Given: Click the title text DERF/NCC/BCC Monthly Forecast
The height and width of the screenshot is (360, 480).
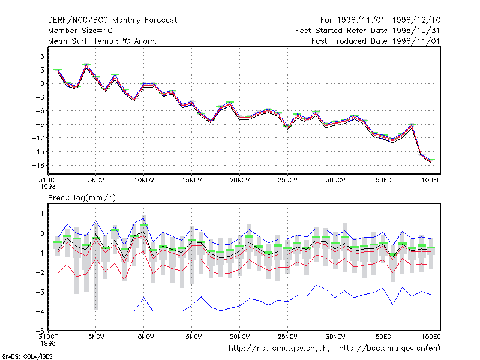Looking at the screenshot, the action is click(112, 20).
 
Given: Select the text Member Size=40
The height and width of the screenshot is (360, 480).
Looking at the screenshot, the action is click(80, 31).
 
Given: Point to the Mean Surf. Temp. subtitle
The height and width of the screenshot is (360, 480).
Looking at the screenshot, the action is click(102, 41).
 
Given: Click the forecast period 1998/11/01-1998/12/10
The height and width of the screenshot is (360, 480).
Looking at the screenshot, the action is click(380, 20).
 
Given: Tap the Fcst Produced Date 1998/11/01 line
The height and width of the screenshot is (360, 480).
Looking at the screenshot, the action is click(376, 41).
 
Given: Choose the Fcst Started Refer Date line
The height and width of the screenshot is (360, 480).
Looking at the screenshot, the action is click(367, 31).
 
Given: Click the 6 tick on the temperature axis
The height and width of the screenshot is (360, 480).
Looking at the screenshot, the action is click(42, 56).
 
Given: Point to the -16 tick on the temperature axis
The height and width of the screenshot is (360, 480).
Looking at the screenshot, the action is click(38, 166).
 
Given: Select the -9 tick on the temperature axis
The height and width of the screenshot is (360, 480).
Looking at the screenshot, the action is click(40, 124).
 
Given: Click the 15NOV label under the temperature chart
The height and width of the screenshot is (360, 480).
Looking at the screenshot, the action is click(192, 180).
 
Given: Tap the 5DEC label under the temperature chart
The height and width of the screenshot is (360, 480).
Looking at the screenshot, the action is click(383, 180).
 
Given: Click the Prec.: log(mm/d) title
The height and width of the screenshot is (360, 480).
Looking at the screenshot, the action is click(82, 198).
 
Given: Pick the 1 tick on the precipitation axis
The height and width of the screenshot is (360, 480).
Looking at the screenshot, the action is click(42, 214).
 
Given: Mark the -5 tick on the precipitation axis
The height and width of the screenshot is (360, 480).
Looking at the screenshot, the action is click(40, 331).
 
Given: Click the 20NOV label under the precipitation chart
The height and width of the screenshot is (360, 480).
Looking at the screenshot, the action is click(239, 337).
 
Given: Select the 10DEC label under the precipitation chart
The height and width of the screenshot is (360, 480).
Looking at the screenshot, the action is click(431, 337).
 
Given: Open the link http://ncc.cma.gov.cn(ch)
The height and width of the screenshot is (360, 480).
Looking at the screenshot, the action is click(279, 349).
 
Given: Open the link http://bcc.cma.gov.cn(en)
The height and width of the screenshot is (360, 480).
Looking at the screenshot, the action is click(389, 349).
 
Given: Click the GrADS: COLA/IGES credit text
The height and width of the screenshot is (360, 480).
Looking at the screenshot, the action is click(28, 356).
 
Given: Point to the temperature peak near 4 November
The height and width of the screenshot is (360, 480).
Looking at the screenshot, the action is click(86, 64).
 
